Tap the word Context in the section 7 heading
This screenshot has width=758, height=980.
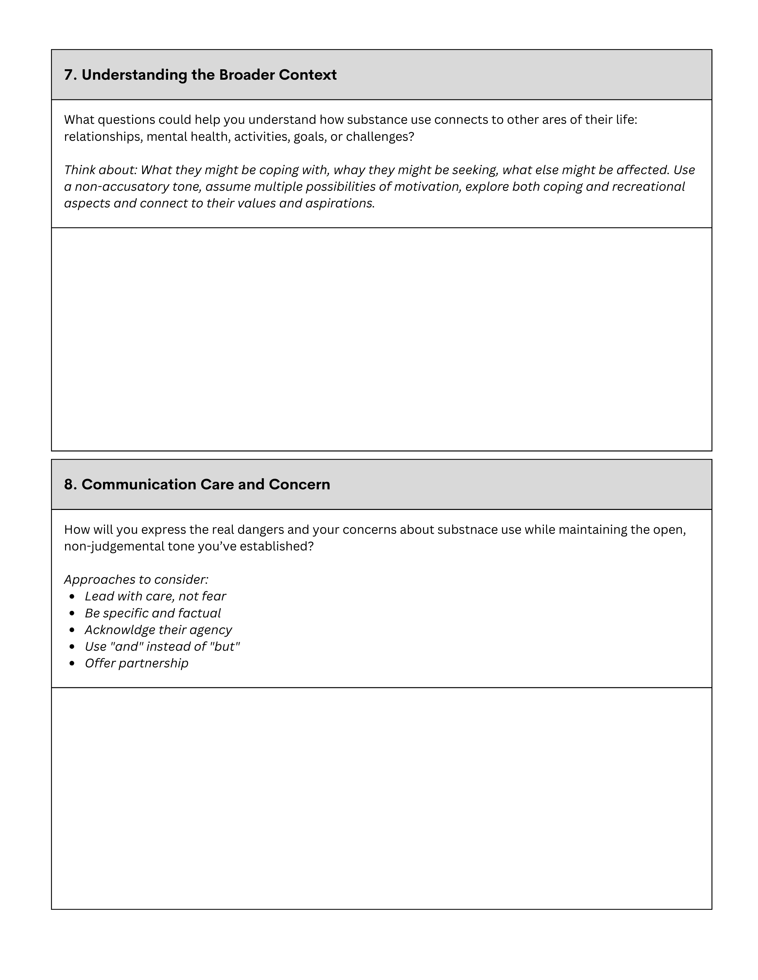click(308, 75)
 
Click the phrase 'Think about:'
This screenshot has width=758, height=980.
click(100, 170)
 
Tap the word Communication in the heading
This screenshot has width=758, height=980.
click(139, 485)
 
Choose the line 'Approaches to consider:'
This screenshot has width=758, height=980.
click(136, 580)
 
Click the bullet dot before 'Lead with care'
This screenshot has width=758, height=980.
click(72, 597)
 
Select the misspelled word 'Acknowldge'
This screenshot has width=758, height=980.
click(119, 630)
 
